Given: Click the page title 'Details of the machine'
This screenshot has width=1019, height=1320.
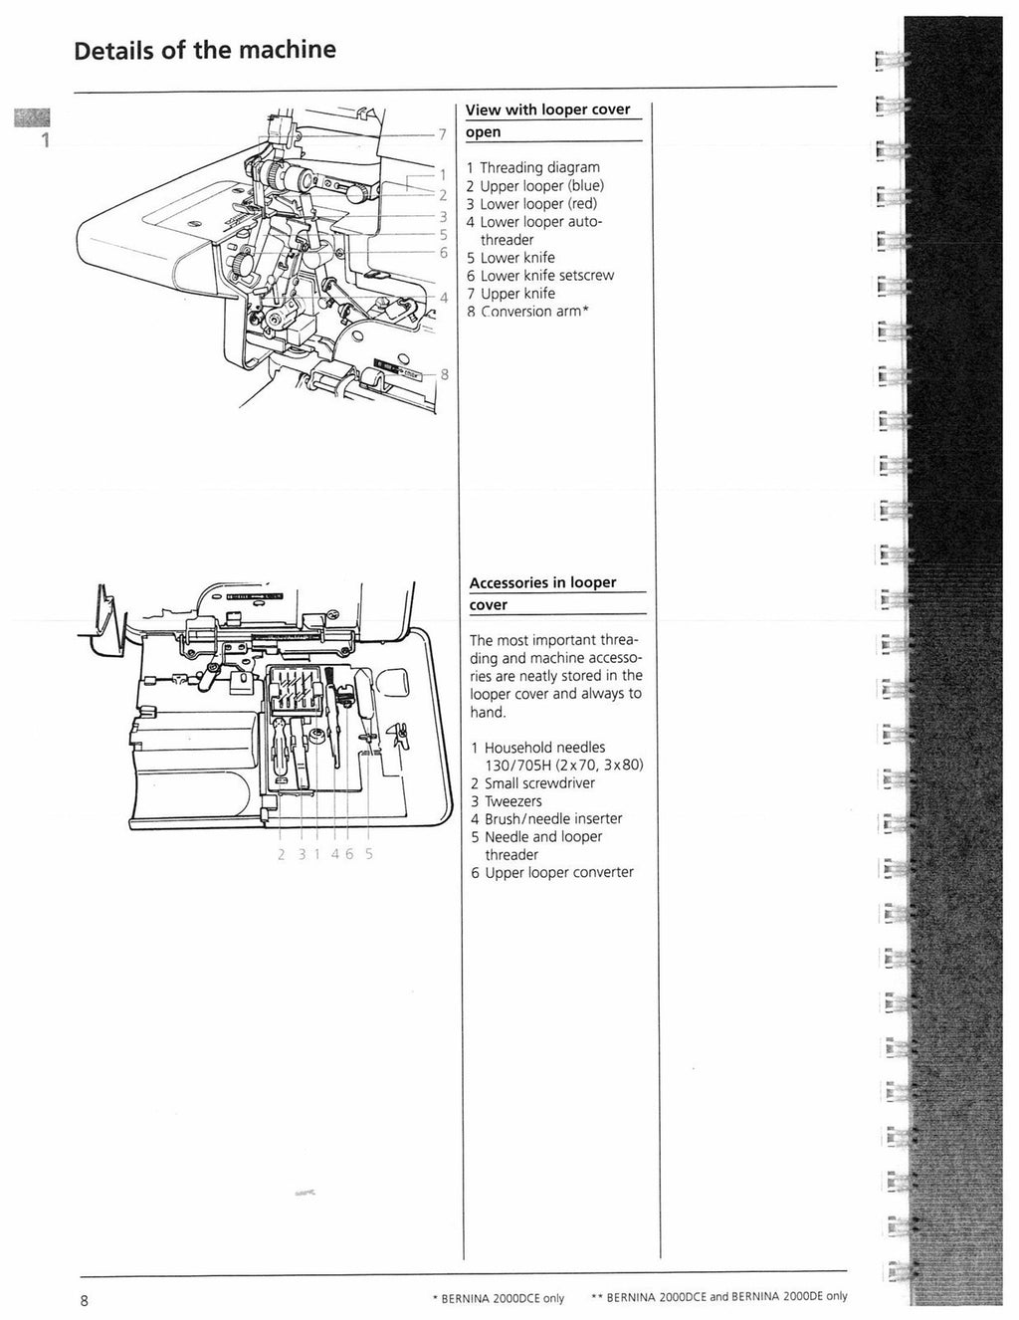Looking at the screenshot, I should [x=205, y=50].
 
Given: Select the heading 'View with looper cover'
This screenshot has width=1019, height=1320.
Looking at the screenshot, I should [x=547, y=110].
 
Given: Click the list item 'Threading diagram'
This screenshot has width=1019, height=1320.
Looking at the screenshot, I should [x=540, y=167].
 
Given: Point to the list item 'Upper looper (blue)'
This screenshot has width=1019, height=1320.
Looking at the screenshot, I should [x=542, y=185].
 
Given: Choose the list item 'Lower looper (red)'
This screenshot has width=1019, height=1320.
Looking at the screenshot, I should [x=538, y=203].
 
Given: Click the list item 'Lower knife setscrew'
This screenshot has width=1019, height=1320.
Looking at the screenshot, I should [x=547, y=275].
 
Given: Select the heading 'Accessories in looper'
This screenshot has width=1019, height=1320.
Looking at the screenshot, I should [x=542, y=582].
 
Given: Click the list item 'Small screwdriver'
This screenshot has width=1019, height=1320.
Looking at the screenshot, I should [x=539, y=782].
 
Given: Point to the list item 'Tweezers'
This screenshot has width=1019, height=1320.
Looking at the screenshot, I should [x=513, y=800].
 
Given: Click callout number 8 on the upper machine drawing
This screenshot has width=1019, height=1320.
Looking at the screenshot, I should [x=444, y=374].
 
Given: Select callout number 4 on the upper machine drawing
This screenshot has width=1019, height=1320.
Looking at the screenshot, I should [x=444, y=297].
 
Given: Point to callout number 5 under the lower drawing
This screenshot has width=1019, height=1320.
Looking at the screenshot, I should [x=369, y=853].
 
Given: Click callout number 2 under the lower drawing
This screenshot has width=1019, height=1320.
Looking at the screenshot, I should [x=281, y=853].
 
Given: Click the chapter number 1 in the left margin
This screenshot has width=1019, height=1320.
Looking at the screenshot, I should [x=44, y=140].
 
